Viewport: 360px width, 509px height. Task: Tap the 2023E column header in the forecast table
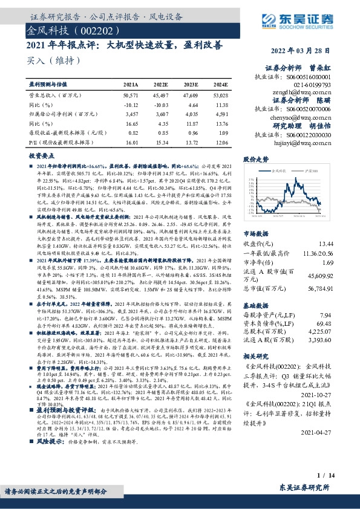coord(191,86)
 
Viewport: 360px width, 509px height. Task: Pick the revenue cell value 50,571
coord(130,96)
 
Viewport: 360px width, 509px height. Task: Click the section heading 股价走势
coord(255,159)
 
